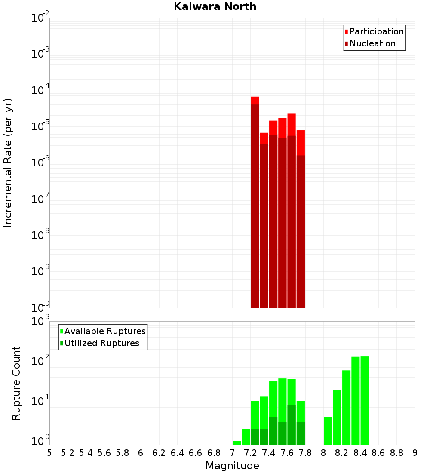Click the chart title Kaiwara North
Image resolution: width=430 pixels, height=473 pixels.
215,6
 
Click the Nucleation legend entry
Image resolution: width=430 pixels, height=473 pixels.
372,43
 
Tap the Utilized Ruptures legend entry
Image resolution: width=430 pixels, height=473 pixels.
101,343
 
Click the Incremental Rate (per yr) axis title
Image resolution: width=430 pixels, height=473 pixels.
8,163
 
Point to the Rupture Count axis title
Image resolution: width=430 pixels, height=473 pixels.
16,383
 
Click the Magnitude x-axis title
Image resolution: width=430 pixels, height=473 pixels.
232,465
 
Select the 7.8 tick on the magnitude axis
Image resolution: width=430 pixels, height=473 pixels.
305,453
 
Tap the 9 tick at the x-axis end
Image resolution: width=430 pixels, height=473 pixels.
415,453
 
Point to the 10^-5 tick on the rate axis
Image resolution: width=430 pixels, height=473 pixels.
40,126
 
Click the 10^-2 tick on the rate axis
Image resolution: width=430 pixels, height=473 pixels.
40,18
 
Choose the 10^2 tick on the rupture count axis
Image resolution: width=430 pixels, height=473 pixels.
40,361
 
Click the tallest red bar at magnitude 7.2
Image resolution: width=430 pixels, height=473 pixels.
255,202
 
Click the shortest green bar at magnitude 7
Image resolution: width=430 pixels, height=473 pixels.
236,443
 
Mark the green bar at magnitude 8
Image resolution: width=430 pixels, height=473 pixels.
328,431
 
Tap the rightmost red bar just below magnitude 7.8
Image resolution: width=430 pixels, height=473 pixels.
301,219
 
